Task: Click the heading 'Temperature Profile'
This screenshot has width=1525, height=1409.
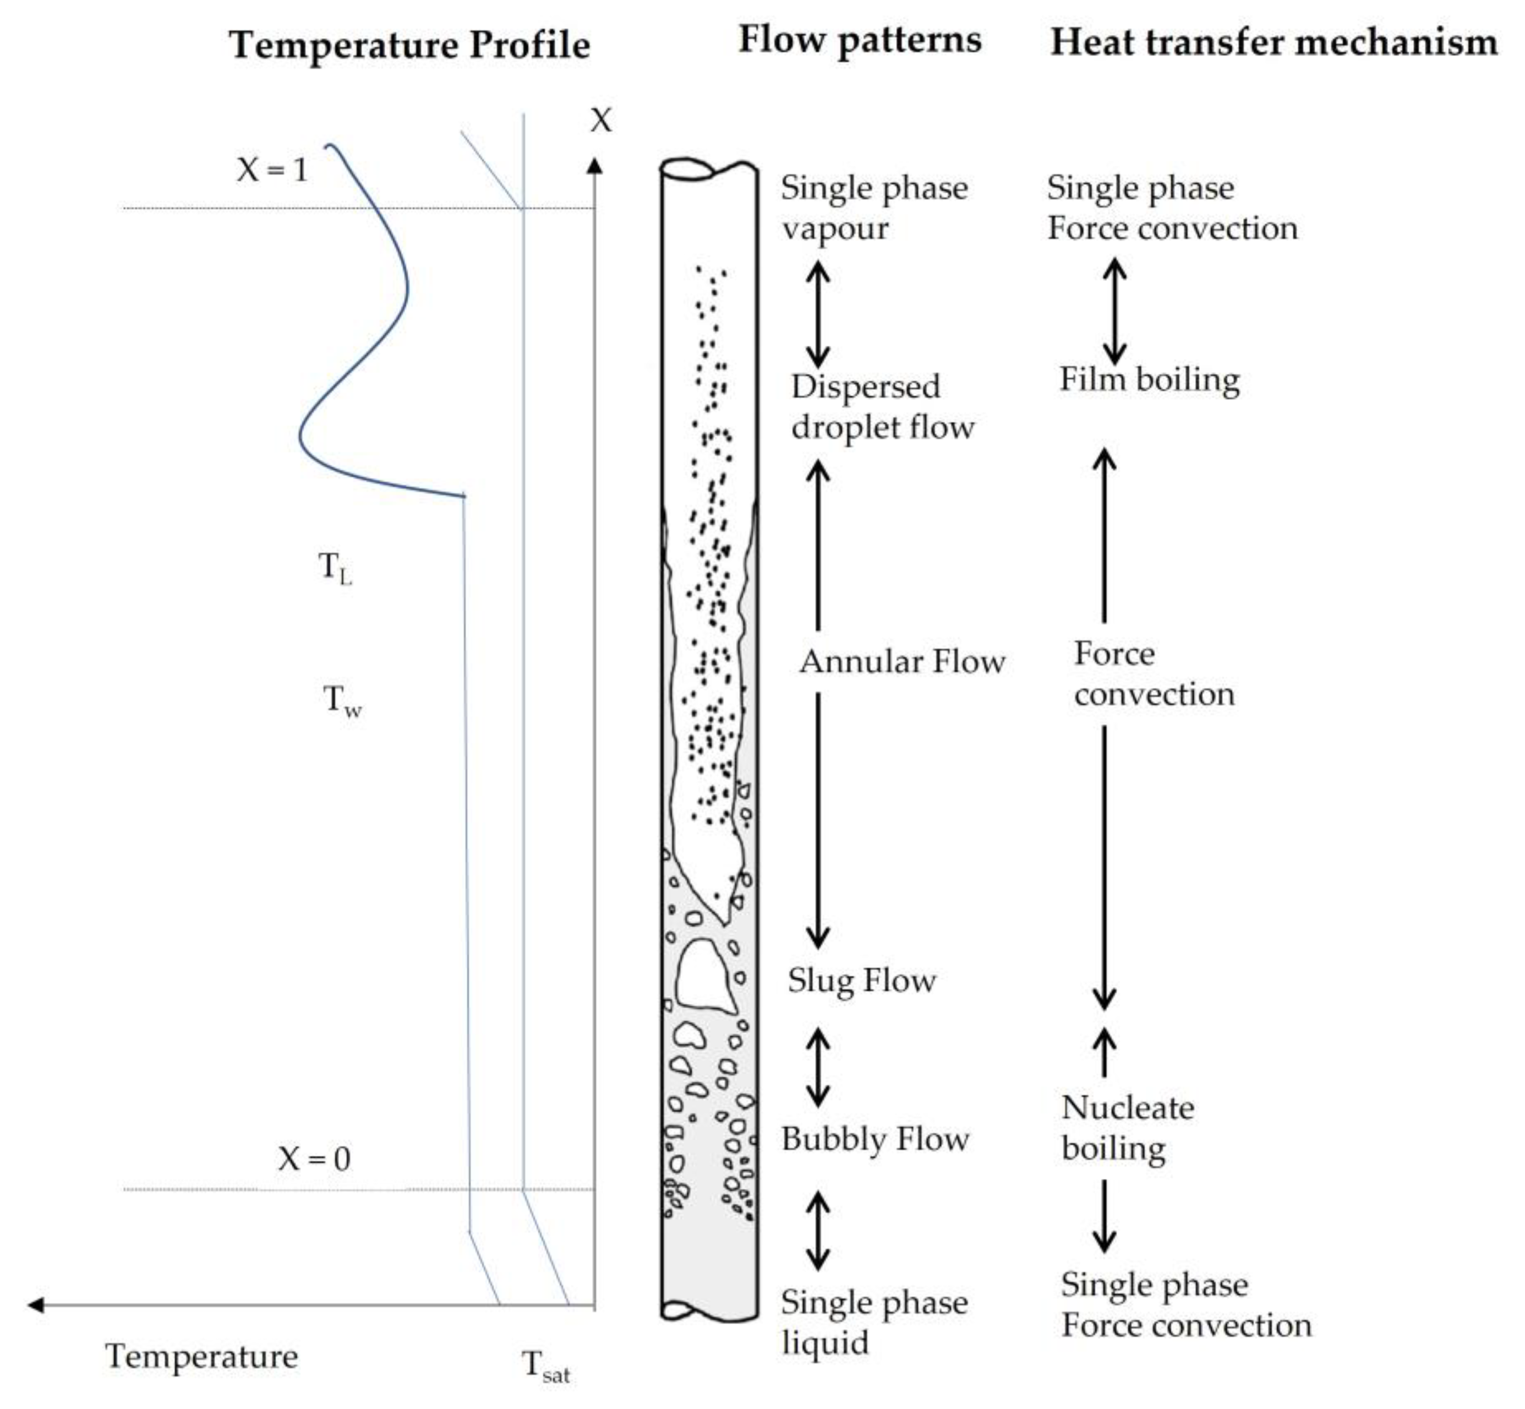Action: tap(409, 44)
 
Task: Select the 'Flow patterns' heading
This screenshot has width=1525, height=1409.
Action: tap(859, 40)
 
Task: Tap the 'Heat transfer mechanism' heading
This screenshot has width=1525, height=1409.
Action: tap(1273, 42)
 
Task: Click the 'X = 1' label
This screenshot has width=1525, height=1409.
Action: tap(272, 169)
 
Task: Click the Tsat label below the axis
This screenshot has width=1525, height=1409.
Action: tap(544, 1365)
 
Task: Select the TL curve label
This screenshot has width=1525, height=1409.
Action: tap(335, 568)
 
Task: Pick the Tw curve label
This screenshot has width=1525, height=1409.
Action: tap(341, 700)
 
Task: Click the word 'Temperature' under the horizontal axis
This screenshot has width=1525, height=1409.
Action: tap(201, 1356)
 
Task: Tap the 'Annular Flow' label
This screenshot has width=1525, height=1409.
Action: tap(901, 661)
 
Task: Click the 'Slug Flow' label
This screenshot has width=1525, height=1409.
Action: tap(861, 980)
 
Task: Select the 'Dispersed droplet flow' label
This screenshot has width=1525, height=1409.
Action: tap(882, 406)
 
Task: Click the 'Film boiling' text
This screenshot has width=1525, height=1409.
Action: tap(1149, 379)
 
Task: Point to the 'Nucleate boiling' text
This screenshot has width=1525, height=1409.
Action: tap(1127, 1128)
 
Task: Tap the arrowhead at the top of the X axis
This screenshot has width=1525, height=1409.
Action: tap(594, 165)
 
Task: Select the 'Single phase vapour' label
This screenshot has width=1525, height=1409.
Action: tap(873, 208)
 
